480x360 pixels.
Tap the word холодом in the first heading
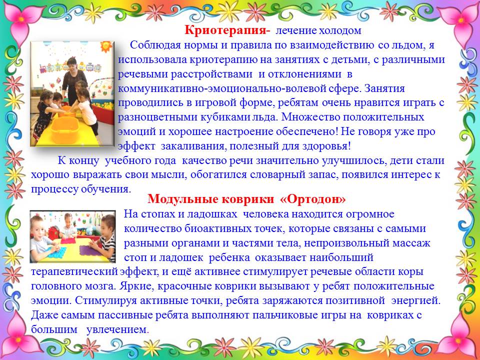click(x=340, y=30)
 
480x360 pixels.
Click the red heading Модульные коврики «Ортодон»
click(x=246, y=199)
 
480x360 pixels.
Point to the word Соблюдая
click(x=153, y=45)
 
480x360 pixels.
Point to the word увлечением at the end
click(x=116, y=330)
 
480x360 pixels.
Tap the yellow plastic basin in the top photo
click(x=64, y=130)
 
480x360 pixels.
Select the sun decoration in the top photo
click(x=106, y=47)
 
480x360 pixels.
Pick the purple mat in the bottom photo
click(x=90, y=250)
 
